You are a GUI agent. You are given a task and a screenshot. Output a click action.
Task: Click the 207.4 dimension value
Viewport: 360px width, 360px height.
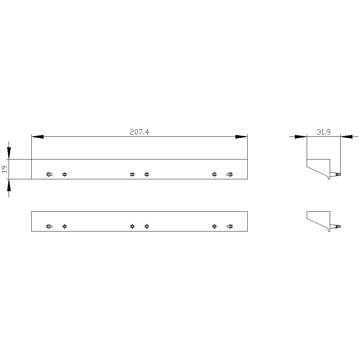pos(139,132)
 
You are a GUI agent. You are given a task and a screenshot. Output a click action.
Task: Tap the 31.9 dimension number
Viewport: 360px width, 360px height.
pos(324,132)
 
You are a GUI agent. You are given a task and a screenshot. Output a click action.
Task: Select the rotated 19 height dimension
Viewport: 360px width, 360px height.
pos(5,169)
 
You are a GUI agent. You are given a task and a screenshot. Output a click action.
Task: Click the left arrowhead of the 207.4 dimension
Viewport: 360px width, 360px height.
pos(37,136)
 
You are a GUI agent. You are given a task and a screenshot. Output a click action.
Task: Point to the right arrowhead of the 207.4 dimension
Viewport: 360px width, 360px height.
pos(241,136)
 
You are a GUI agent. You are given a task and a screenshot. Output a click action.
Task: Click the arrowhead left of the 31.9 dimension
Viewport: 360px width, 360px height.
pos(301,136)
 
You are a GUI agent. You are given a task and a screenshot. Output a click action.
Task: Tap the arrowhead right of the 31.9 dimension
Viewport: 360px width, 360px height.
pos(346,136)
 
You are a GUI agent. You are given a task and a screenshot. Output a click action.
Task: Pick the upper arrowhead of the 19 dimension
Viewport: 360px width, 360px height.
pos(9,153)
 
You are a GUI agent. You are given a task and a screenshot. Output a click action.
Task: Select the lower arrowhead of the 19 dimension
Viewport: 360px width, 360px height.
pos(9,185)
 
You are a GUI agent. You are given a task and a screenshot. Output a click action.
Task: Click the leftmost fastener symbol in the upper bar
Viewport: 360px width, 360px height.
pos(49,175)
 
